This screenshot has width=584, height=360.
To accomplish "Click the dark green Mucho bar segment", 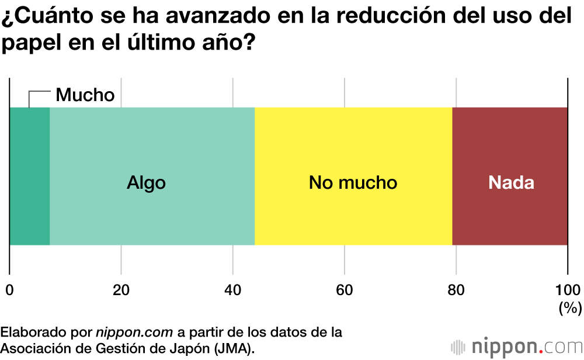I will pos(30,176).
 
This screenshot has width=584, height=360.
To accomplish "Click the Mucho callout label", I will pos(85,95).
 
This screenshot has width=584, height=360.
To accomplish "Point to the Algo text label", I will pos(146,183).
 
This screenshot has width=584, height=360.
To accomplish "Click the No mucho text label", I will pos(353,183).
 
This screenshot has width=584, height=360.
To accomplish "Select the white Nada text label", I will pos(511,183).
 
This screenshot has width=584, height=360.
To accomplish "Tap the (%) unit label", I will pos(569,307).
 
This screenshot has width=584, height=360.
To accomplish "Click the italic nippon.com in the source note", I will pos(134,333).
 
